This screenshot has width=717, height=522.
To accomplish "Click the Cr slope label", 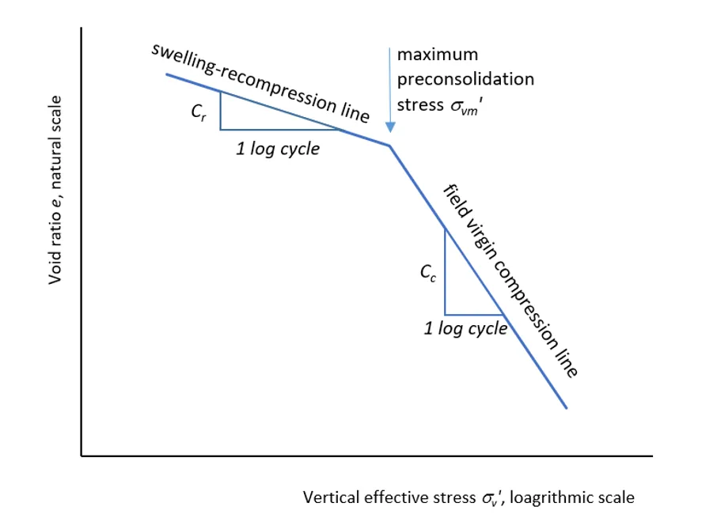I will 199,112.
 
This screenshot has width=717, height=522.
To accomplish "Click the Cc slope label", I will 427,274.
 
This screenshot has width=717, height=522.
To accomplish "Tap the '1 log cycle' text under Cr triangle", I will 278,149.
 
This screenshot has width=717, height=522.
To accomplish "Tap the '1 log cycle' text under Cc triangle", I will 465,328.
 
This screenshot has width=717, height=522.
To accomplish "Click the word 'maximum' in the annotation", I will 438,55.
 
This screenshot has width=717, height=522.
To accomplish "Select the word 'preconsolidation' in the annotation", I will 465,79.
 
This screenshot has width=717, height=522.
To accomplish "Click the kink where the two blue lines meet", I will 389,146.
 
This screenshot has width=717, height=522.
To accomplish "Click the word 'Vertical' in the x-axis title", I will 331,497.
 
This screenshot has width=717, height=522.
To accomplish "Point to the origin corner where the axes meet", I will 82,456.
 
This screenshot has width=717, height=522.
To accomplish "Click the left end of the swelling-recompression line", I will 166,74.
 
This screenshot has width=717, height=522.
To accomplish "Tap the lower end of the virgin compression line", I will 567,408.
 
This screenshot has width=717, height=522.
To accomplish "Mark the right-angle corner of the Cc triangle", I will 445,314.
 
